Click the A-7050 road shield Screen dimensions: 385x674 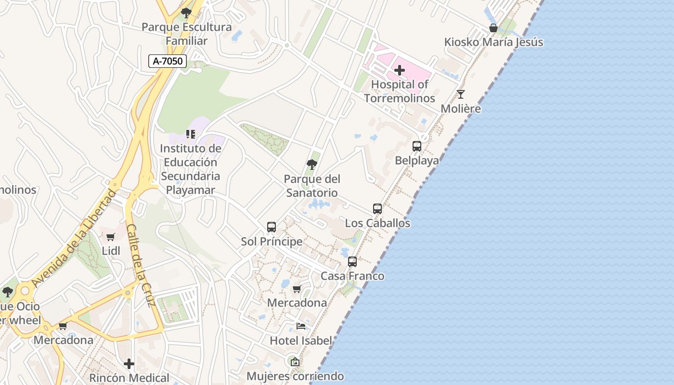click(x=167, y=61)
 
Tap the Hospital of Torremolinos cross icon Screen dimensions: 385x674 click(x=399, y=71)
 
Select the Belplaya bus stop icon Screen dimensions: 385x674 click(x=417, y=146)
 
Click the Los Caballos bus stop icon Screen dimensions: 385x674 click(x=377, y=209)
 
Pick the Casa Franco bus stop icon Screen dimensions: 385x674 click(x=352, y=262)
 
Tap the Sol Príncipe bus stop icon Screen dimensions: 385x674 click(x=272, y=227)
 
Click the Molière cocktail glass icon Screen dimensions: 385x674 click(x=461, y=94)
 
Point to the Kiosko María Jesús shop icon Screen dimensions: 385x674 click(x=493, y=28)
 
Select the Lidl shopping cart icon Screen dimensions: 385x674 click(x=111, y=237)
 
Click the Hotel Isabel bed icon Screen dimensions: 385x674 click(x=301, y=326)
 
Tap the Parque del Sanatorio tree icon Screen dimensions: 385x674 click(x=312, y=165)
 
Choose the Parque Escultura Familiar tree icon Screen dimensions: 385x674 click(x=186, y=13)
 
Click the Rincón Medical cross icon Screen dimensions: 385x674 click(x=129, y=364)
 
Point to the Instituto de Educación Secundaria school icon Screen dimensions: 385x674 click(x=191, y=134)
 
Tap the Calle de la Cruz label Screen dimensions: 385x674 click(x=141, y=265)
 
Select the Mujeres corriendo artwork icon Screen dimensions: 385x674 click(x=295, y=361)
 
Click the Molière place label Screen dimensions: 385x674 click(x=461, y=109)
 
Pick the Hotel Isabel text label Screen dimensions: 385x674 click(x=301, y=341)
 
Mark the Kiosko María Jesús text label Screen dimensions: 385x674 click(x=493, y=42)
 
